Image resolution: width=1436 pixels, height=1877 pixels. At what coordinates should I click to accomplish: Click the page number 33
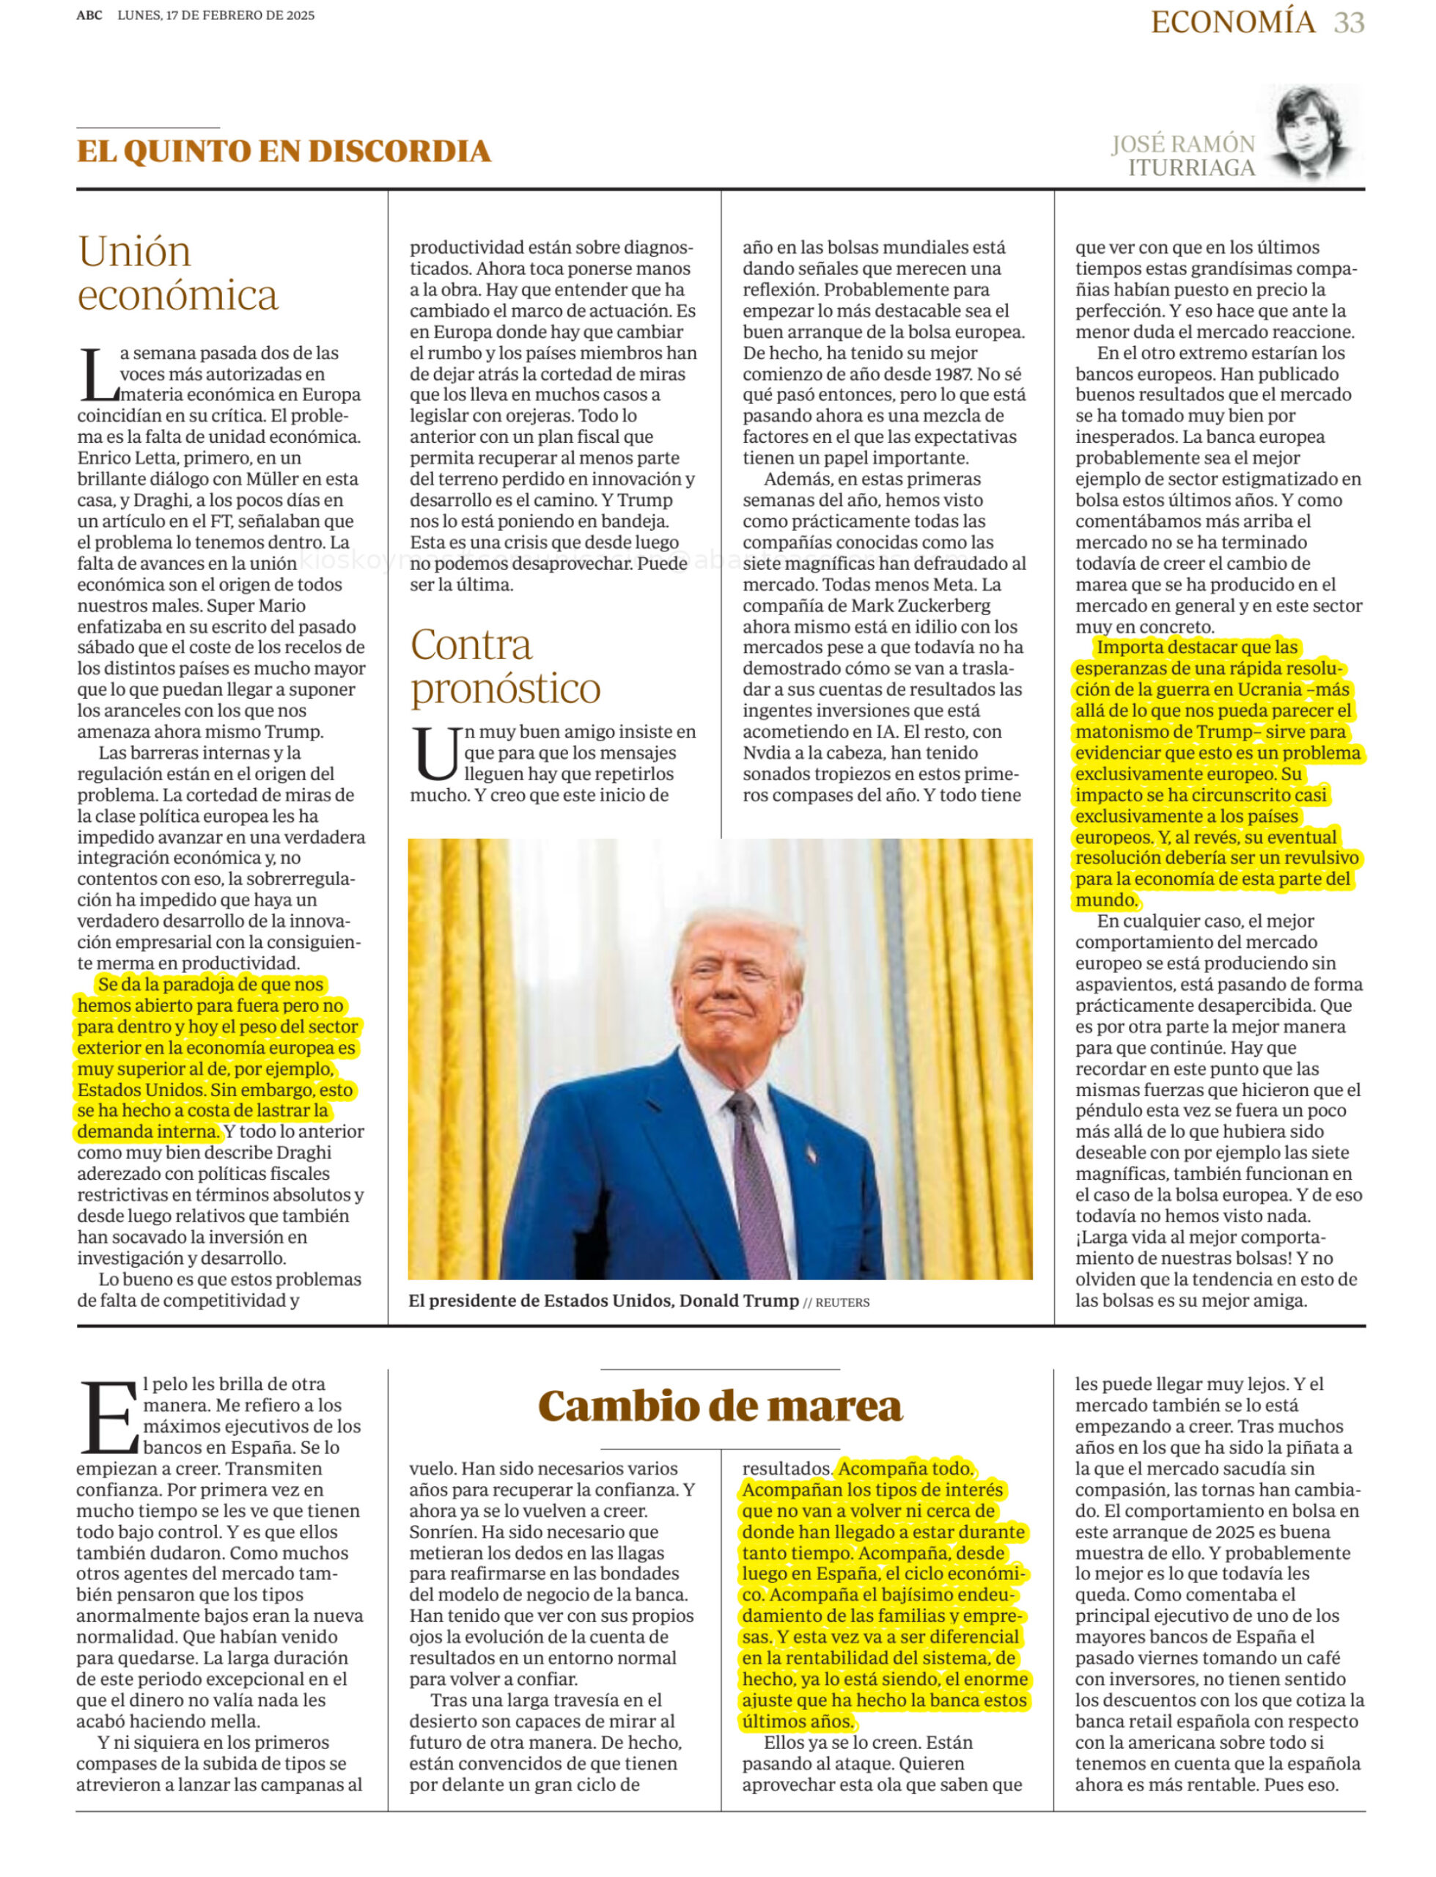1348,23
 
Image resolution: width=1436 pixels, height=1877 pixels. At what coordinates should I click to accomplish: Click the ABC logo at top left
89,15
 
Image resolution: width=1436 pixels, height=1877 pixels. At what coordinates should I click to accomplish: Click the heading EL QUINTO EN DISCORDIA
284,151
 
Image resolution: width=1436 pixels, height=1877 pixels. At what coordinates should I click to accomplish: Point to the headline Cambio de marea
720,1406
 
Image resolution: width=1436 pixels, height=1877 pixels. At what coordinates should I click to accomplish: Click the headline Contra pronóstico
505,666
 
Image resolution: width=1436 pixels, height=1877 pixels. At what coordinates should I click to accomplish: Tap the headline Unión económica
178,273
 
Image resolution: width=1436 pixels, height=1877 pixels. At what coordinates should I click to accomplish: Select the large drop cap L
97,375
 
